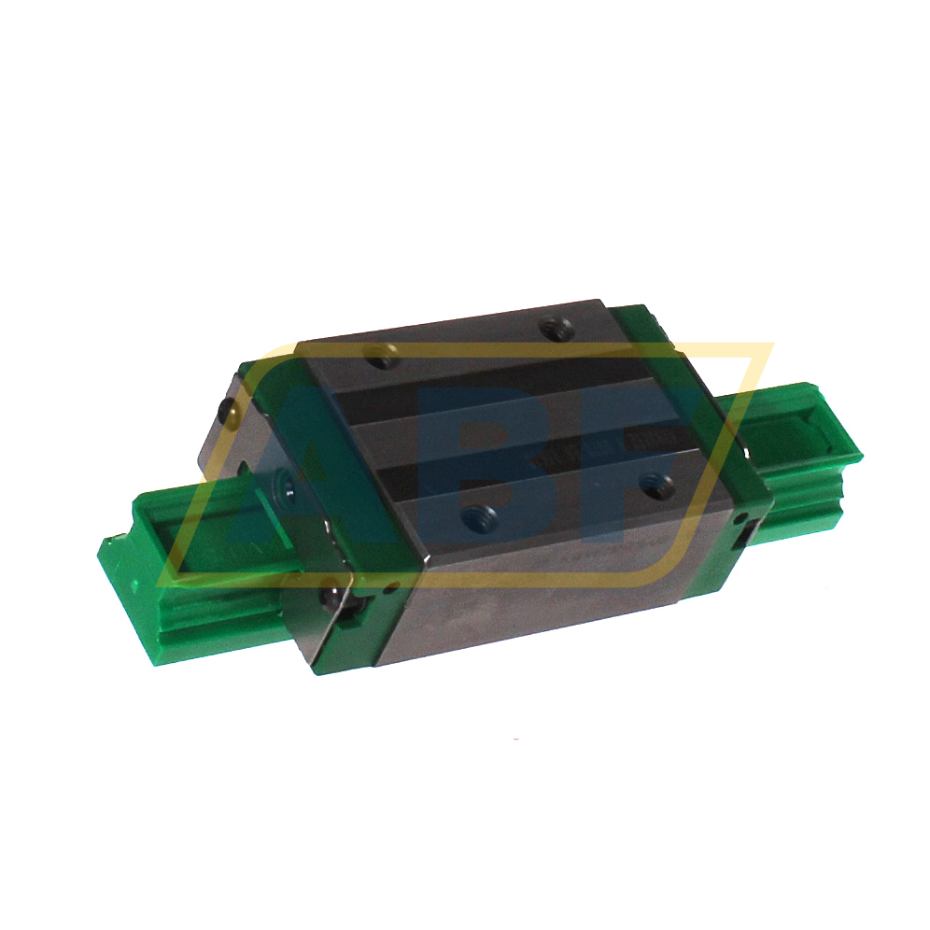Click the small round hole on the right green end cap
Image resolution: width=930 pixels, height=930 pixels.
[740, 516]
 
